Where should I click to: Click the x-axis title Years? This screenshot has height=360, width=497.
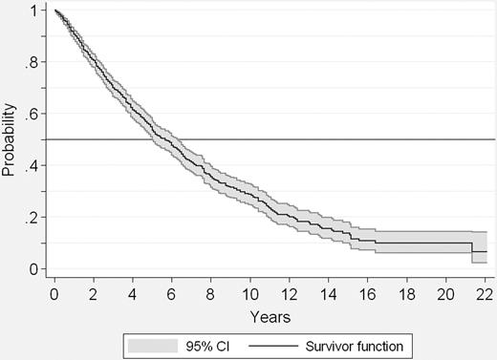tap(272, 312)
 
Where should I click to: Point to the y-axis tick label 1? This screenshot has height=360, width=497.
tap(35, 11)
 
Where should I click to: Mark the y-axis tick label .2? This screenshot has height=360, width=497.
tap(33, 218)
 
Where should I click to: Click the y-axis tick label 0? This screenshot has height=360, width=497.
tap(35, 269)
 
